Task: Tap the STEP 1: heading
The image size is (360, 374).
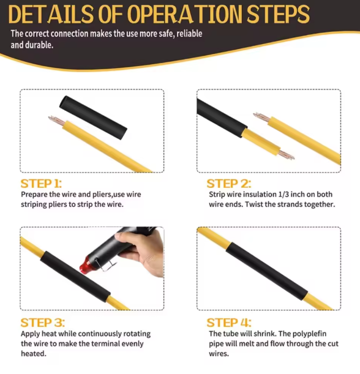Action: pos(41,184)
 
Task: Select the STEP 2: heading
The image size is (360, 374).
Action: pos(229,184)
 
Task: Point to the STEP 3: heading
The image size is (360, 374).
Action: pos(42,323)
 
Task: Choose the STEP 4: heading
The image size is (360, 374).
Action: pos(229,323)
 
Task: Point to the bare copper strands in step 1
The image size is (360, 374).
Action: pos(56,121)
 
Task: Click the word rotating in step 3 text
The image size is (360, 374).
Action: pos(137,334)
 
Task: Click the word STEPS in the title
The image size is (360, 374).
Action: pos(278,14)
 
